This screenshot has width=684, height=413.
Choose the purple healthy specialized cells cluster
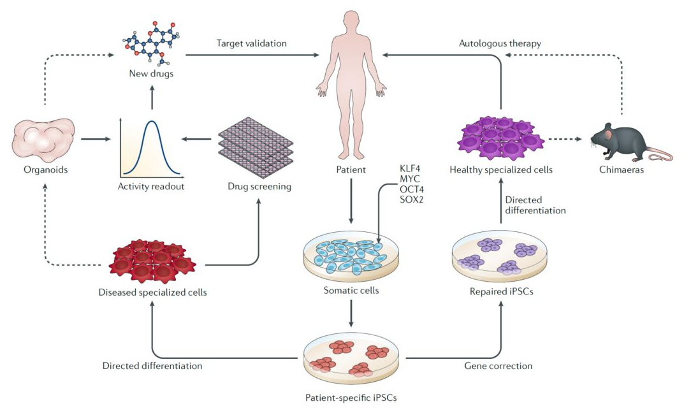(x=500, y=137)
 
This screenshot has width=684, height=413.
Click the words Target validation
(x=251, y=43)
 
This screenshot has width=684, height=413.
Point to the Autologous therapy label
(x=500, y=43)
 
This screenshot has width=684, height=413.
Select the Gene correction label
(x=498, y=366)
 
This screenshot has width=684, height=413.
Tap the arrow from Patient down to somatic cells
(x=350, y=204)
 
